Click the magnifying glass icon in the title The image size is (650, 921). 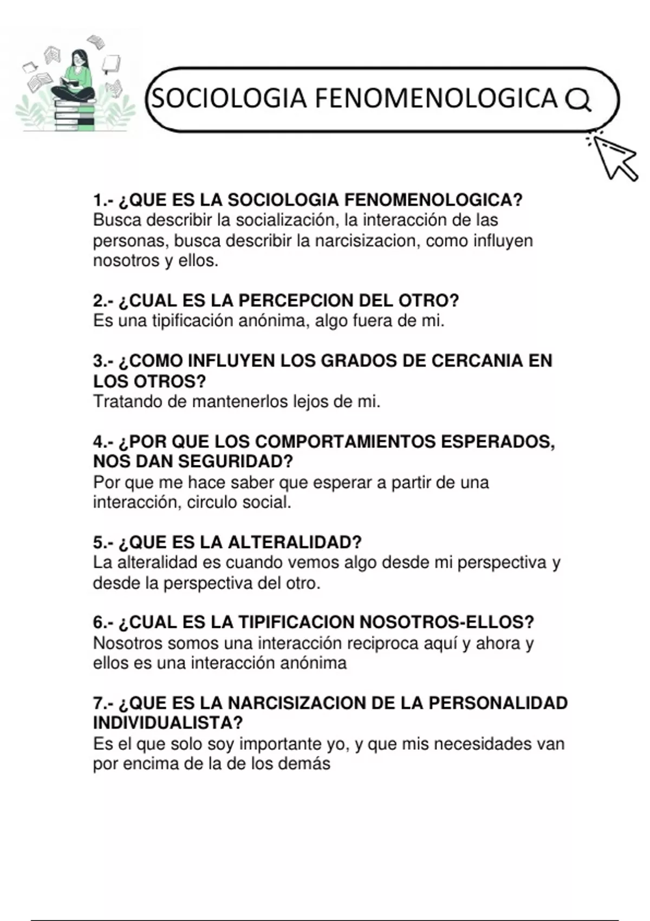[x=578, y=100]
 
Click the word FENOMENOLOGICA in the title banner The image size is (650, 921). [x=435, y=99]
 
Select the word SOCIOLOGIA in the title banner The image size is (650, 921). [x=230, y=99]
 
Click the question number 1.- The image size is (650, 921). [x=103, y=200]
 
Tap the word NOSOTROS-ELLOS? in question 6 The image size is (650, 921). [x=447, y=622]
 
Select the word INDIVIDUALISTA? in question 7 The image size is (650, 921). [x=168, y=723]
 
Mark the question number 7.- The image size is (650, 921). [x=103, y=703]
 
